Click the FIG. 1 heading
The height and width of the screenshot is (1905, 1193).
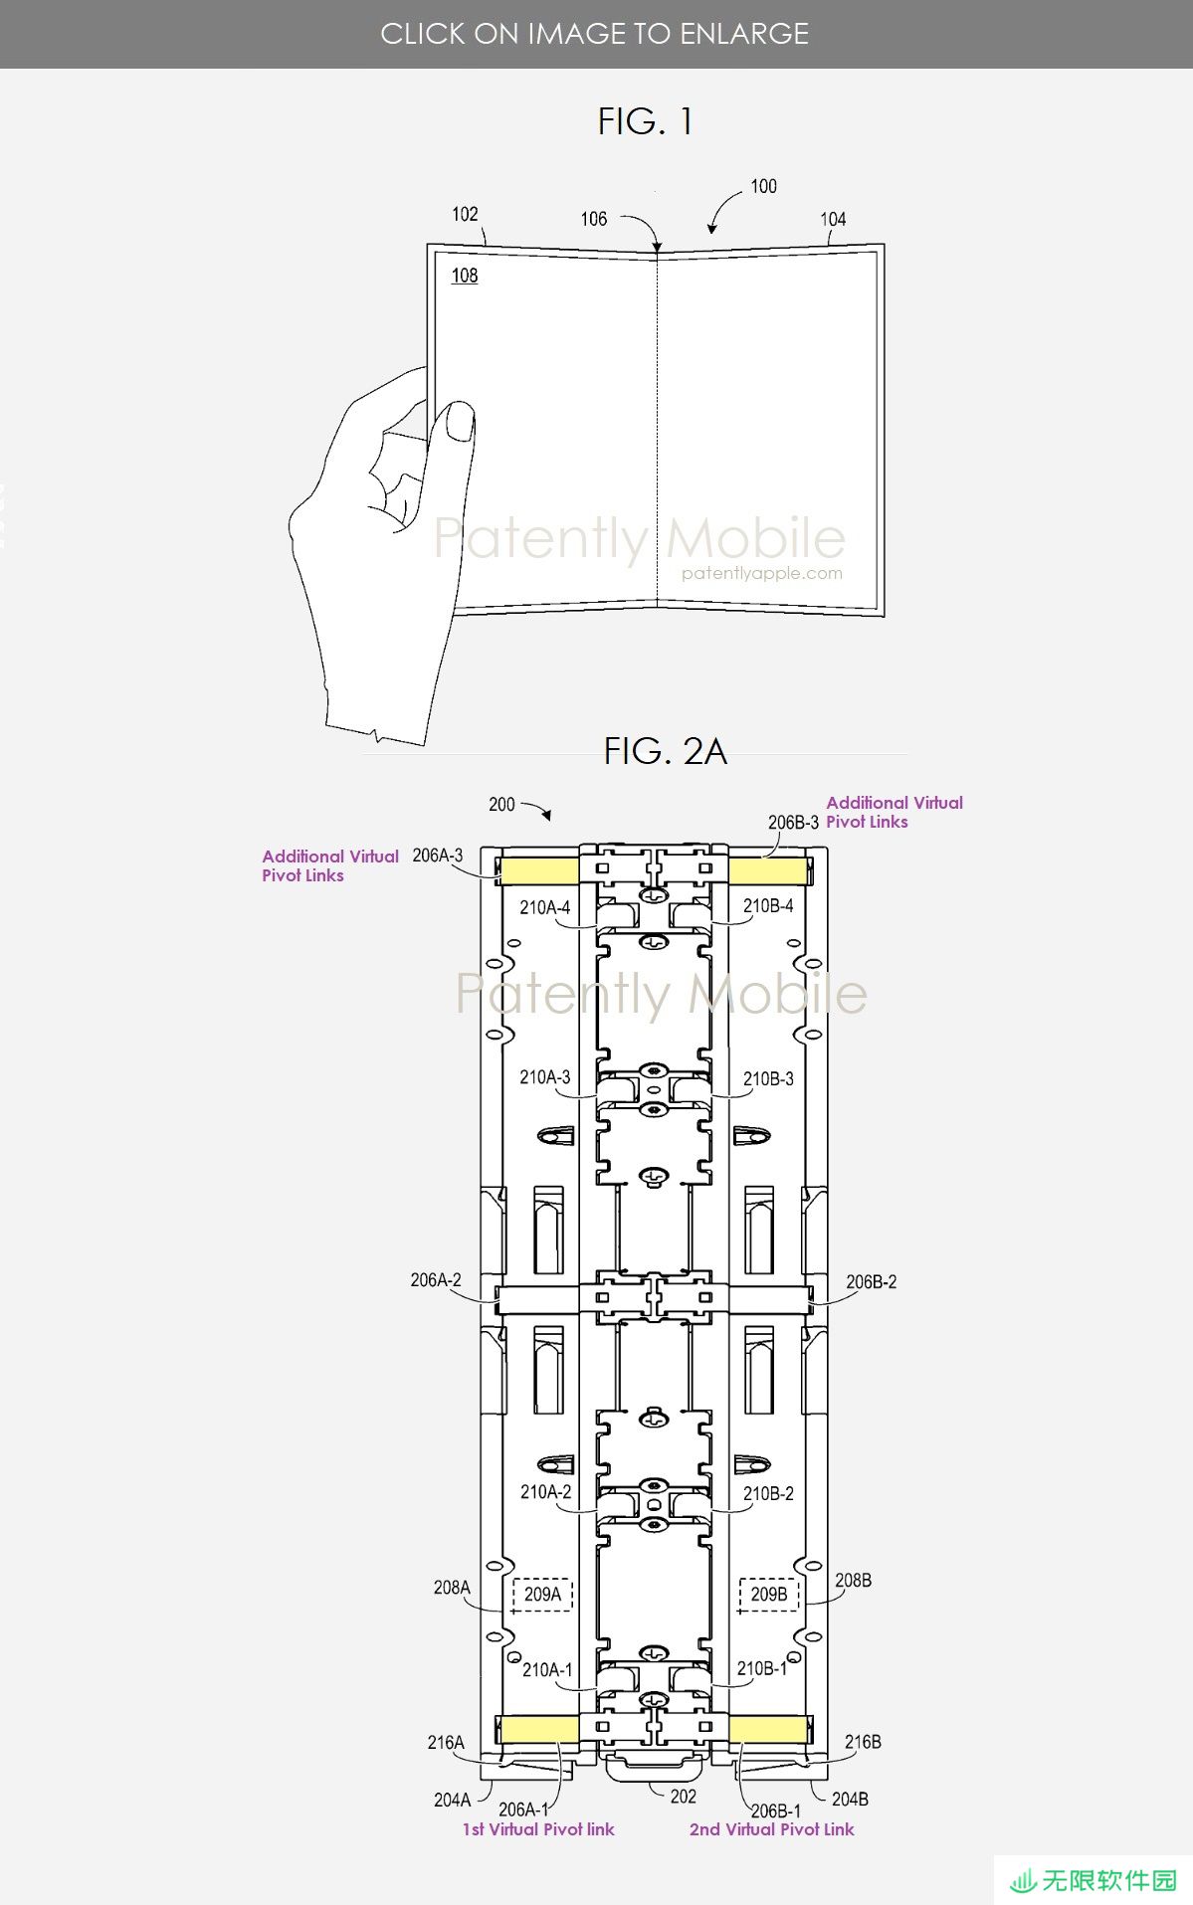point(645,121)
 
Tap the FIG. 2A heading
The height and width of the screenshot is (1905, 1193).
point(665,751)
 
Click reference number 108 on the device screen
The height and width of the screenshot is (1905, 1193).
point(465,276)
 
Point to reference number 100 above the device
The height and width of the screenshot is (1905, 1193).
point(763,186)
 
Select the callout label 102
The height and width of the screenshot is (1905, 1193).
point(465,214)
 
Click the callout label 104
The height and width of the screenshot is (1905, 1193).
point(833,219)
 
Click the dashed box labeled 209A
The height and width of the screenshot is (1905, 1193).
point(542,1594)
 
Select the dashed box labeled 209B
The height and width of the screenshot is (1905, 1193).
point(769,1594)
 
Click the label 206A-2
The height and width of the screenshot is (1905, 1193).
point(436,1280)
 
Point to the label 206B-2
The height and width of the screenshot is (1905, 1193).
point(871,1282)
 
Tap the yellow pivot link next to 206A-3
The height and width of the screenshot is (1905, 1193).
point(538,871)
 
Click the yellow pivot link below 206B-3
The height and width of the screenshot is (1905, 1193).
point(767,871)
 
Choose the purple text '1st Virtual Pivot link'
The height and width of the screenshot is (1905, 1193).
point(538,1829)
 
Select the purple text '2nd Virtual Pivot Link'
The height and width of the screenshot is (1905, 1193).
point(771,1829)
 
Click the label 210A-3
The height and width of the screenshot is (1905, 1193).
point(545,1077)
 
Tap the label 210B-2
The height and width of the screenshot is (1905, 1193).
point(768,1493)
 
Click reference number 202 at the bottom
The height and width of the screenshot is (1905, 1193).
point(684,1797)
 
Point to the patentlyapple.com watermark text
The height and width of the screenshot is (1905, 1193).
point(762,573)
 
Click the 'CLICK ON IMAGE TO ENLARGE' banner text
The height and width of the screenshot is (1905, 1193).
point(595,34)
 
